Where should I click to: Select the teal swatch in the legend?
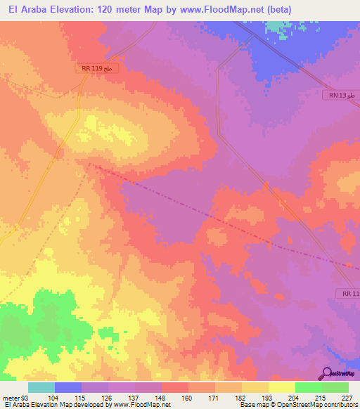tap(41, 387)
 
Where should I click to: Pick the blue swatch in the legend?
tap(67, 387)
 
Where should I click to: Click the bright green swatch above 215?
tap(309, 387)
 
